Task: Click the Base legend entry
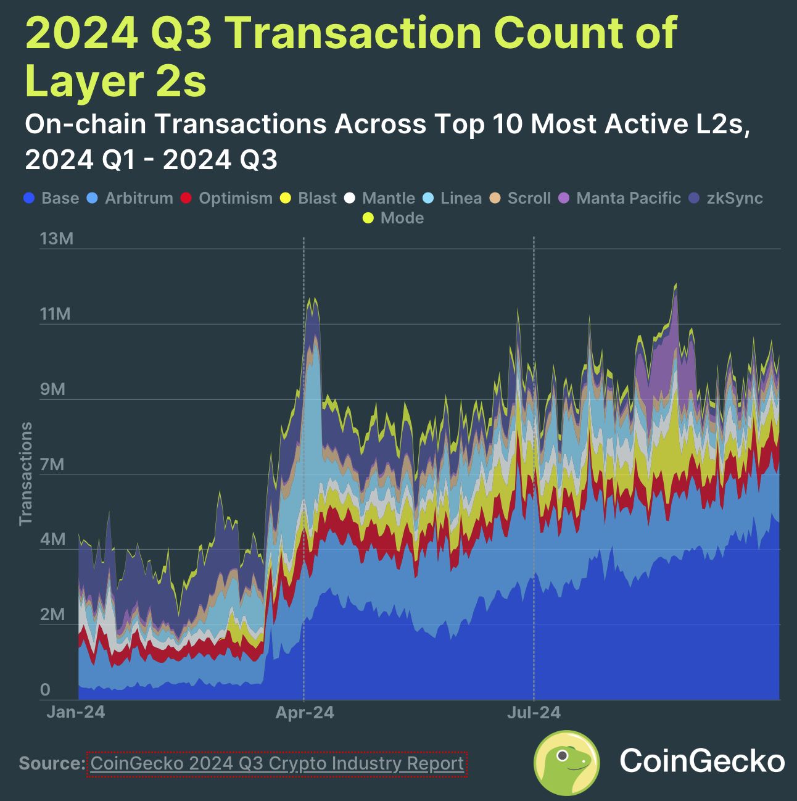[x=52, y=198]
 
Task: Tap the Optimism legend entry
[x=227, y=198]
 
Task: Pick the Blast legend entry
[x=309, y=198]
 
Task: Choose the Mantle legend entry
[x=380, y=198]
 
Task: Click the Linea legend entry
[x=453, y=198]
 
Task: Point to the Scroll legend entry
[x=521, y=198]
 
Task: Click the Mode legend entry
[x=394, y=218]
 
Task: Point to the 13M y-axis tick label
[x=56, y=239]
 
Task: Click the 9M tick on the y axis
[x=52, y=389]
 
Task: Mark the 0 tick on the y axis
[x=45, y=690]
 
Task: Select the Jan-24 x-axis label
[x=76, y=712]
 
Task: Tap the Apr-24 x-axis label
[x=304, y=713]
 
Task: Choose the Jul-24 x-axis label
[x=534, y=713]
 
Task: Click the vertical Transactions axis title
[x=25, y=474]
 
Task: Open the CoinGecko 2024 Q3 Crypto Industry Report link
[x=277, y=763]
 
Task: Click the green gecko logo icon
[x=566, y=763]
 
